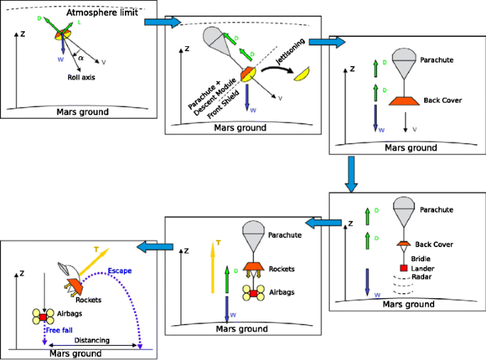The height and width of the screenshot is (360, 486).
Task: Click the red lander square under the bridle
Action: (403, 268)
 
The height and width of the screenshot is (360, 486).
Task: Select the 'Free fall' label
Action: (60, 329)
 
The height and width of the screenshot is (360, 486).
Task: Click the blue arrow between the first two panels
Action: (159, 22)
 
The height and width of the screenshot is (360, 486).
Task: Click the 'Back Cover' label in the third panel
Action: (442, 100)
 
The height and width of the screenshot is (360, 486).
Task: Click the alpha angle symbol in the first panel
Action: (81, 58)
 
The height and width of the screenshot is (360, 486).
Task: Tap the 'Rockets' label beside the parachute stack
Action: (282, 269)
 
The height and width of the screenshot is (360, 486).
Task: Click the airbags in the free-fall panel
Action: (43, 316)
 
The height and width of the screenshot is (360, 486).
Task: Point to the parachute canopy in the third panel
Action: (404, 58)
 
